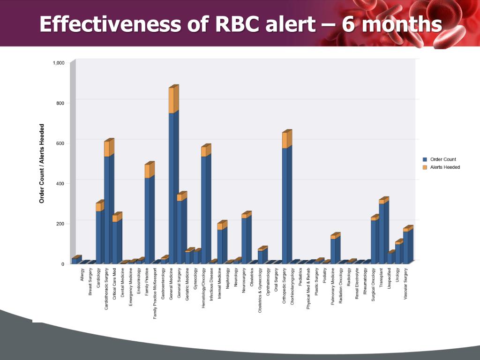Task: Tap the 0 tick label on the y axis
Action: [62, 264]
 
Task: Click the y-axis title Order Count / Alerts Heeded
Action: [42, 163]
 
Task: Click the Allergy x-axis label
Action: [82, 273]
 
